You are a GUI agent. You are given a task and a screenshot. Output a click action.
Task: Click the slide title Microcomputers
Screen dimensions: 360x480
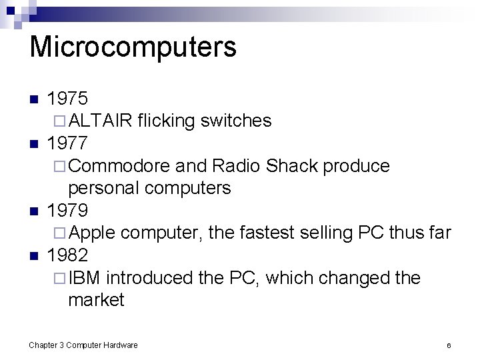(x=133, y=48)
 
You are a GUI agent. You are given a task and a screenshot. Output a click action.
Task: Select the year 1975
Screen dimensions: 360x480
(x=68, y=99)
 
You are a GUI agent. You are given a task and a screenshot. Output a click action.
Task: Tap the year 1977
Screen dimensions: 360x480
(x=68, y=143)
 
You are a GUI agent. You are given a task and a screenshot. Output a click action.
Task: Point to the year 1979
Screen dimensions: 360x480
(x=68, y=211)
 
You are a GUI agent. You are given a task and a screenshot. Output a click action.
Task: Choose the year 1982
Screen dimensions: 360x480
(x=68, y=255)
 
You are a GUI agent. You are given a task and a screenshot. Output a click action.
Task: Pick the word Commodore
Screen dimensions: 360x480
(x=121, y=165)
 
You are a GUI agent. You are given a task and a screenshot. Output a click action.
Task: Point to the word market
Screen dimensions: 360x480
(x=96, y=300)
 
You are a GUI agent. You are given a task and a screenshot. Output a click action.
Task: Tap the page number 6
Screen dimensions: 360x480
(x=449, y=345)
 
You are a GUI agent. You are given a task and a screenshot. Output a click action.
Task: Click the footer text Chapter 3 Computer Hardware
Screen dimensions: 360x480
(x=83, y=345)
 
